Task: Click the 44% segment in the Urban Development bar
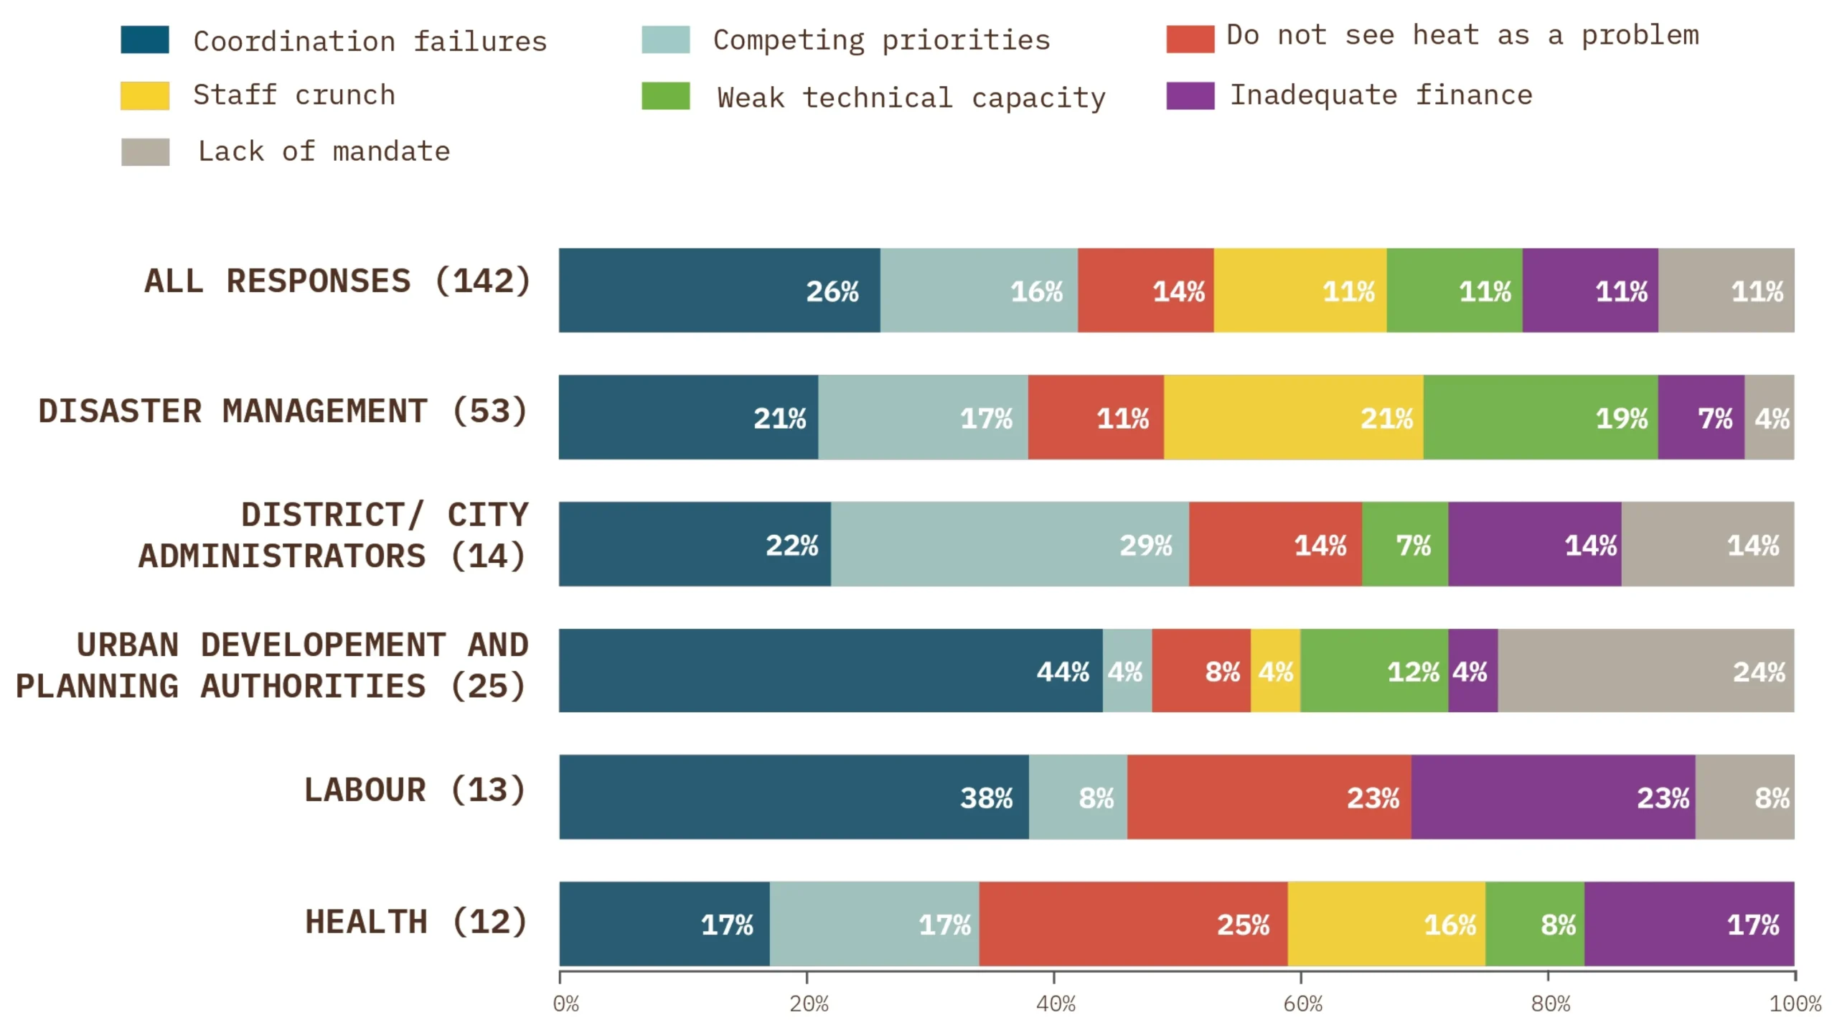(830, 670)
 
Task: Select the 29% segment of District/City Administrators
(1010, 544)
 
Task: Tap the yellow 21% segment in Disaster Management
(1293, 417)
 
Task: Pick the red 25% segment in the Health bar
(1132, 924)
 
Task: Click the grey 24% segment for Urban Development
(1645, 670)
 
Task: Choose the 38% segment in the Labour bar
(794, 797)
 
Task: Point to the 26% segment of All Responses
(719, 291)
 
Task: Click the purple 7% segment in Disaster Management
(1701, 417)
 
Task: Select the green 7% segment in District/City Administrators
(1404, 544)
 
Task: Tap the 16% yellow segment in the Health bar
(1386, 924)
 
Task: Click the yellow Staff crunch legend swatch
(145, 95)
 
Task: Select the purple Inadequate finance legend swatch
(1190, 95)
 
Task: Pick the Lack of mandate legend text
(324, 151)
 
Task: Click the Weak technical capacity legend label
(911, 98)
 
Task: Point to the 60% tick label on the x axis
(1302, 1004)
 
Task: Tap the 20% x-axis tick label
(809, 1004)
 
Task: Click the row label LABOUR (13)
(415, 790)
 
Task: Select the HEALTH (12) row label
(416, 922)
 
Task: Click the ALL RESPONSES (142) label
(337, 281)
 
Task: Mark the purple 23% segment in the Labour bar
(1553, 797)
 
